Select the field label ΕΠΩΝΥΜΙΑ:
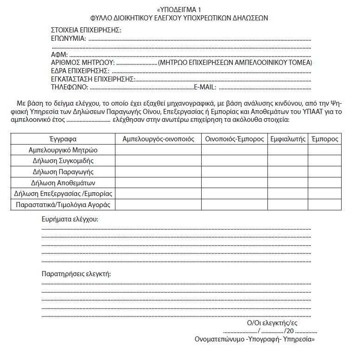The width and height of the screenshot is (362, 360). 68,38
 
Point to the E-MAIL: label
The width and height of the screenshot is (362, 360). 204,87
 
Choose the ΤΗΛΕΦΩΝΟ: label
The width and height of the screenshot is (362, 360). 70,87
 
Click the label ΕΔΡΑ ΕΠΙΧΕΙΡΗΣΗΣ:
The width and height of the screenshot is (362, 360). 80,70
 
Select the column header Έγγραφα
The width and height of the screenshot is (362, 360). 63,139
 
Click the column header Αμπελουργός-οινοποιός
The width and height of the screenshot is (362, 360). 158,139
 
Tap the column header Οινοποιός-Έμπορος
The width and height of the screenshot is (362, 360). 234,139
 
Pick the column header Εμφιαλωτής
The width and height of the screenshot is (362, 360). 287,139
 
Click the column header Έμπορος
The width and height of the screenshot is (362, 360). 325,139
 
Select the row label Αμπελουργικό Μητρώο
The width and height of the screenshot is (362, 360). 63,150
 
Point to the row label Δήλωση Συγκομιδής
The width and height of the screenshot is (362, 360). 63,161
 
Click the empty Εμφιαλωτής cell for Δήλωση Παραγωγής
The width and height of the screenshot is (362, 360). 287,172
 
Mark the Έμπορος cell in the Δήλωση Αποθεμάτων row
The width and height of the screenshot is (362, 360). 325,183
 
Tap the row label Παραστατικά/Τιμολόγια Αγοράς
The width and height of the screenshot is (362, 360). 63,204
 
